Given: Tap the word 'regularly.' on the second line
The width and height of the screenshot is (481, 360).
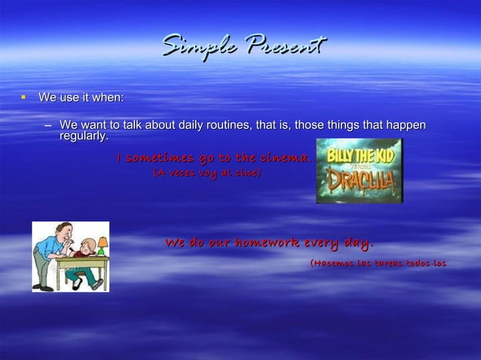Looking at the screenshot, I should (84, 136).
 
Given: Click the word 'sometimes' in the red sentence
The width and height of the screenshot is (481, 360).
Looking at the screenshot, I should (161, 158).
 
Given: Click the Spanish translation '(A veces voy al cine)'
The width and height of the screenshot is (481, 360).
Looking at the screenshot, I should (207, 173).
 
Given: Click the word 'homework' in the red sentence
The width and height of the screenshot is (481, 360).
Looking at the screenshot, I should (268, 243).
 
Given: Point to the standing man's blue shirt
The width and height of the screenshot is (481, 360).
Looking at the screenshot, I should (47, 249).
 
